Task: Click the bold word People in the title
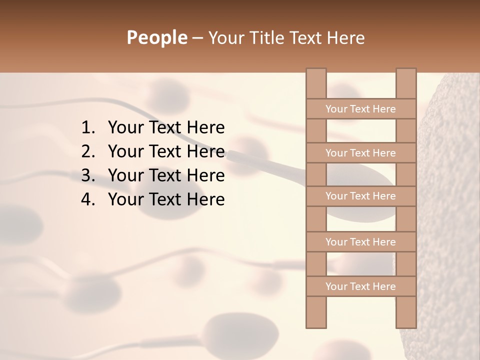click(x=156, y=37)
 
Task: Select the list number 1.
click(x=87, y=128)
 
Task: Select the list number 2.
click(x=87, y=151)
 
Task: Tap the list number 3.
click(x=87, y=175)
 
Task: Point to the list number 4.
click(x=87, y=199)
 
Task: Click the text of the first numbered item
click(x=166, y=128)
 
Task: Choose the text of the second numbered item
click(x=166, y=151)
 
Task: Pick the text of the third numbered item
click(x=166, y=175)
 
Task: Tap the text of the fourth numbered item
click(x=166, y=199)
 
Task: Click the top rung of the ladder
click(x=360, y=109)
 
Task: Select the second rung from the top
click(x=360, y=153)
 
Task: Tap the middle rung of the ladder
click(x=360, y=196)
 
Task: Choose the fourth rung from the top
click(x=360, y=242)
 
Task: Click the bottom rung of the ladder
click(x=360, y=286)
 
